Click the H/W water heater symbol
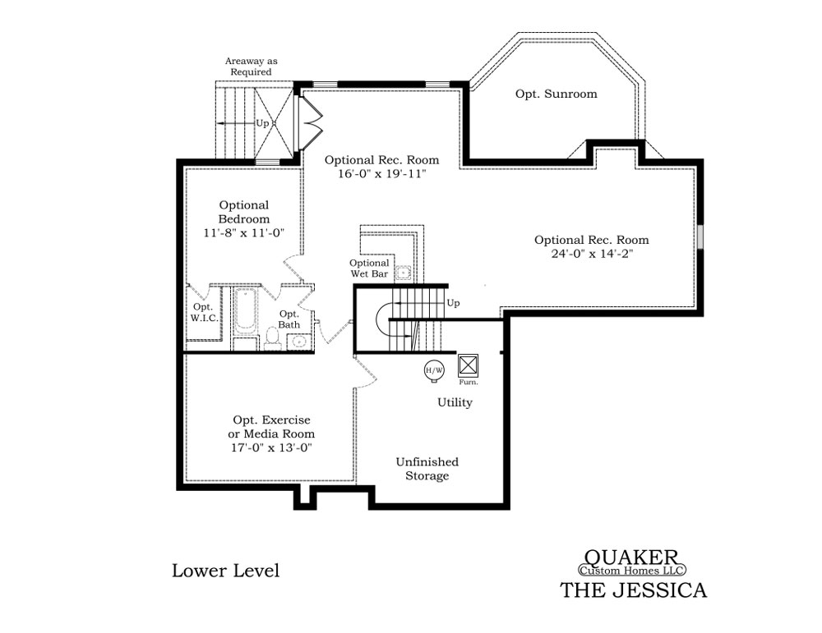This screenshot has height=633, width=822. tap(434, 371)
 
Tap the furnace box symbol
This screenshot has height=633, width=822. tap(469, 365)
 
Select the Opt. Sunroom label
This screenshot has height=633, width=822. tap(556, 94)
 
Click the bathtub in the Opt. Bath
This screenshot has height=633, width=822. tap(245, 311)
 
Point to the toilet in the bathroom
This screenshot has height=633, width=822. tap(272, 338)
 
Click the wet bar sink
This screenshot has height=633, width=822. tap(403, 273)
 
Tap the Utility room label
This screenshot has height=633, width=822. tap(455, 402)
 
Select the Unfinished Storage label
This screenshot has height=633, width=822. tap(427, 469)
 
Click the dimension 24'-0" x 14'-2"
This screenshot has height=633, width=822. tap(592, 254)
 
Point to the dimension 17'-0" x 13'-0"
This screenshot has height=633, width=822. tap(271, 447)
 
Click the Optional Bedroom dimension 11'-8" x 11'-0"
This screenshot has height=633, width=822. tap(244, 232)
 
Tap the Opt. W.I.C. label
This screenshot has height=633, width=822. tap(203, 313)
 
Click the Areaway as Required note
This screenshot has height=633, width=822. tap(251, 67)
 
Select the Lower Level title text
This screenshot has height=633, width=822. tap(226, 571)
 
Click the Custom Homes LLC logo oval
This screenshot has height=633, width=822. tap(631, 570)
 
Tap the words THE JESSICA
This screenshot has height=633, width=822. tap(634, 590)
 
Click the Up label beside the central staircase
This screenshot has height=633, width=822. tap(454, 303)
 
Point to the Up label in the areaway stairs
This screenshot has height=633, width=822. tap(262, 123)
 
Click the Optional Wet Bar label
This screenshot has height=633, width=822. tap(370, 268)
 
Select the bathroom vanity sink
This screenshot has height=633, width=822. tap(299, 342)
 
